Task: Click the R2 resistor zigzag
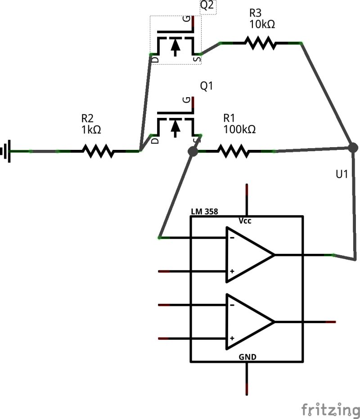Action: tap(98, 151)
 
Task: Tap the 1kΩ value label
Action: tap(91, 130)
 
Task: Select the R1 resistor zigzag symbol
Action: tap(233, 151)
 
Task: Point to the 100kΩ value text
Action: tap(239, 130)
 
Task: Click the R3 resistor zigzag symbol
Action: tap(260, 43)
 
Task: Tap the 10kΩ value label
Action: tap(261, 24)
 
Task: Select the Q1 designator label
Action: tap(206, 86)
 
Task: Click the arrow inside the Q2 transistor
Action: tap(175, 46)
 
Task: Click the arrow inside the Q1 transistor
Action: tap(175, 128)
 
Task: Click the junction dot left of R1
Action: tap(193, 152)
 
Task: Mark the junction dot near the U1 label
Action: tap(353, 147)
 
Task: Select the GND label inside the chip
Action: tap(247, 357)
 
